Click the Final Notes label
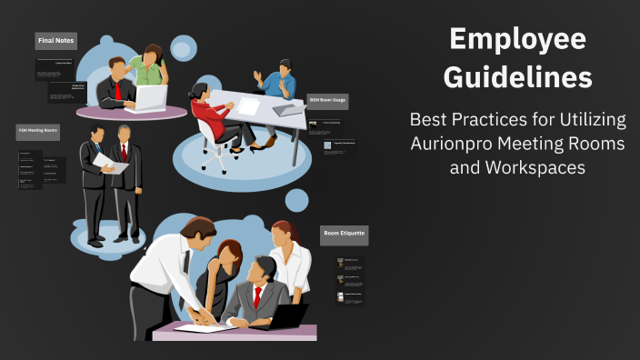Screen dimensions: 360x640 (56, 41)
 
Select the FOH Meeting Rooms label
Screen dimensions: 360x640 (38, 132)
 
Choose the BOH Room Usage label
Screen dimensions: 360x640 (327, 99)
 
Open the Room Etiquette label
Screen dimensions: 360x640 (344, 234)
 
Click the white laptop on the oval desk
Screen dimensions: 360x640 (149, 98)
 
